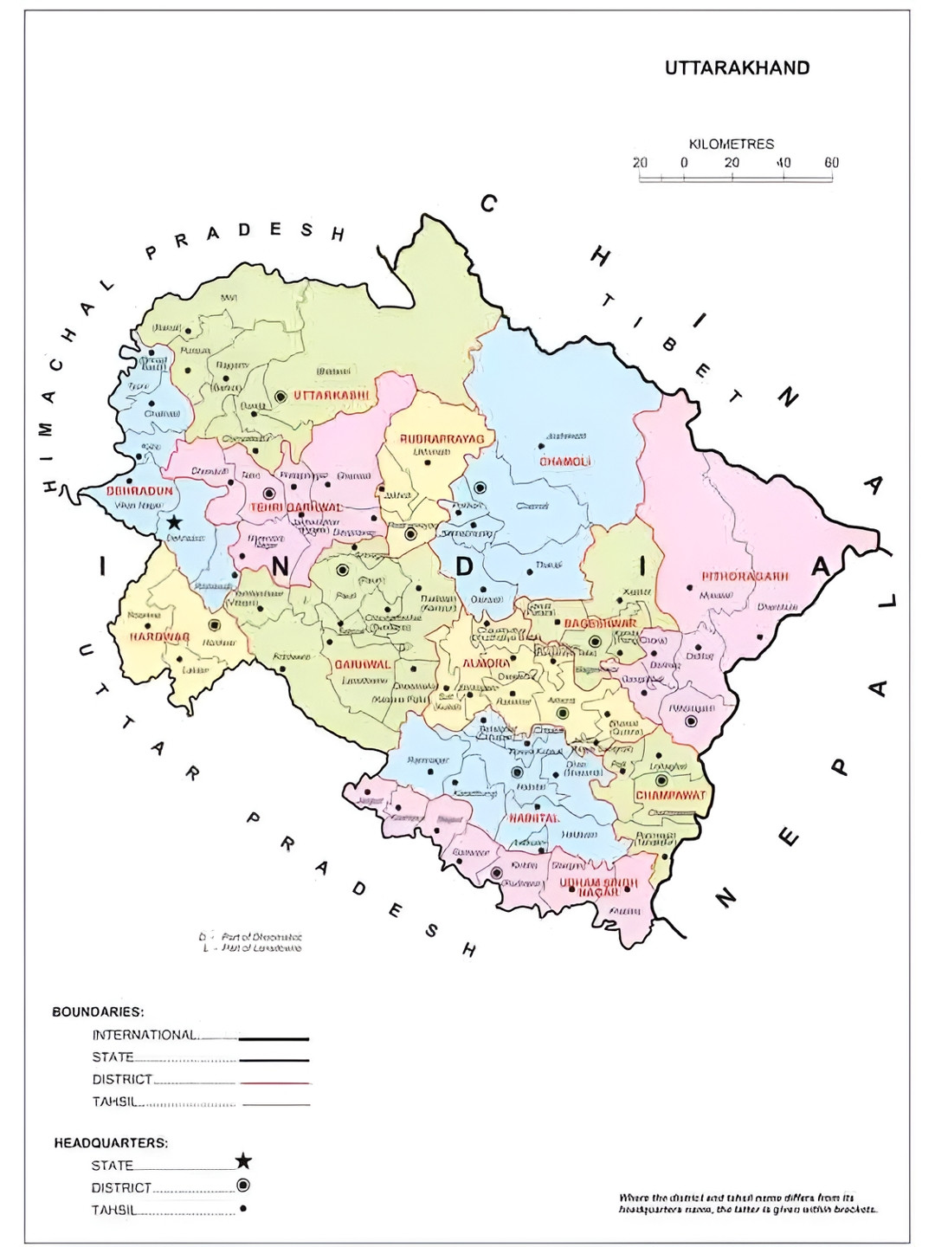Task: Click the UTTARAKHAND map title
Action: click(x=737, y=68)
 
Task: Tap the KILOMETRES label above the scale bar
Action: click(x=731, y=144)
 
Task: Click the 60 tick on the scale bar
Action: click(x=831, y=163)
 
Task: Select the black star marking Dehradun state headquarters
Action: click(x=174, y=522)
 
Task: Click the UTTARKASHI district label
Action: click(x=331, y=396)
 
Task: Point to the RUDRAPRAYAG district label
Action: click(x=446, y=440)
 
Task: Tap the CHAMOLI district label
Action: click(x=564, y=462)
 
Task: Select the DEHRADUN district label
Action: click(x=139, y=491)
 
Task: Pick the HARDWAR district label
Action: click(x=159, y=636)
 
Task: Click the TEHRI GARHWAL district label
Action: click(x=296, y=507)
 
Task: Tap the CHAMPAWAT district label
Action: click(x=671, y=795)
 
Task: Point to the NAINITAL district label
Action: click(x=533, y=818)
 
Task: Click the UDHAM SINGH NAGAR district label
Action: click(x=598, y=888)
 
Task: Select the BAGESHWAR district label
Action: click(x=600, y=623)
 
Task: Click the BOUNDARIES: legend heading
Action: click(x=98, y=1011)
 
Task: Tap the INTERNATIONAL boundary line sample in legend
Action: click(x=274, y=1037)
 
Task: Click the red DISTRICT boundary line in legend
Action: click(x=274, y=1082)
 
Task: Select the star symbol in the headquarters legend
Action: click(x=243, y=1161)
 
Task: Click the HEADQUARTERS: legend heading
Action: click(x=111, y=1143)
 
